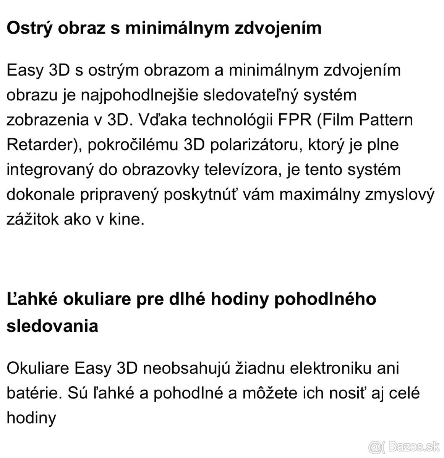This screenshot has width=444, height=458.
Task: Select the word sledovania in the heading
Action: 52,326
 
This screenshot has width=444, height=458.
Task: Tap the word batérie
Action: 32,393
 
